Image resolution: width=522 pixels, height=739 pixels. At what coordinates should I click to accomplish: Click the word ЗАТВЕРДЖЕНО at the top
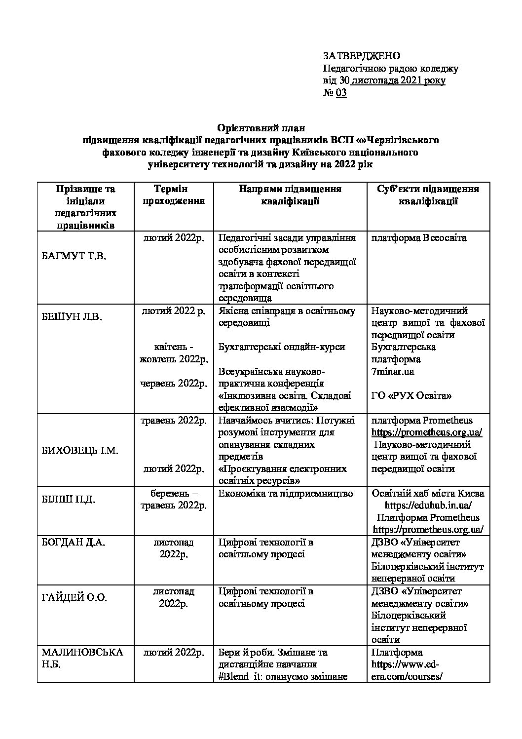click(x=361, y=56)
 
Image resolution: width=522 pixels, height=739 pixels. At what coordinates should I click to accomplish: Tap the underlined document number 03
click(x=341, y=93)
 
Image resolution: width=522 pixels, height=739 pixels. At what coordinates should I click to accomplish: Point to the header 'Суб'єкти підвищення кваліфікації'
click(x=428, y=195)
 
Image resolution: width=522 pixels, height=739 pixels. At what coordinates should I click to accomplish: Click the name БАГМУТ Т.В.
click(x=74, y=256)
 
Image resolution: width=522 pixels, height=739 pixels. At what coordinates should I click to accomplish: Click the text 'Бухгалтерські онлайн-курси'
click(x=282, y=347)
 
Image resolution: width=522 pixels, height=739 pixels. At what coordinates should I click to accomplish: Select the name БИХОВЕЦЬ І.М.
click(x=80, y=451)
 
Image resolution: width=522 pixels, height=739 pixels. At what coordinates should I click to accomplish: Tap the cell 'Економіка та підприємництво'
click(x=286, y=493)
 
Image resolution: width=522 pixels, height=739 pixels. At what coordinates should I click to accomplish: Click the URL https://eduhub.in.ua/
click(x=428, y=506)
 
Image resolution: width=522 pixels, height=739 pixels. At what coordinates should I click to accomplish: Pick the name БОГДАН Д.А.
click(x=74, y=542)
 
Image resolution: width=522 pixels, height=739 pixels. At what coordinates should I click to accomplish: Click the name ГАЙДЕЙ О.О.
click(x=74, y=597)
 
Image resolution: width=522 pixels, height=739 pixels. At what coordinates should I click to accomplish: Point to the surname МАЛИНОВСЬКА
click(x=82, y=652)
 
